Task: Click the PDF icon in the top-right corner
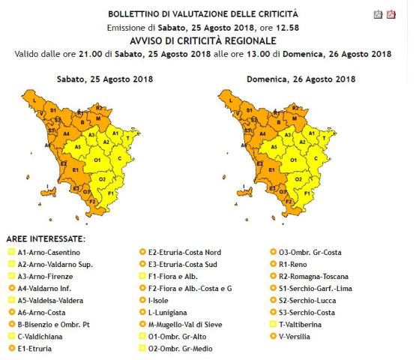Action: pos(391,14)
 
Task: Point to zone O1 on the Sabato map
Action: pos(96,159)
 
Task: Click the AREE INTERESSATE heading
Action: pos(46,238)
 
